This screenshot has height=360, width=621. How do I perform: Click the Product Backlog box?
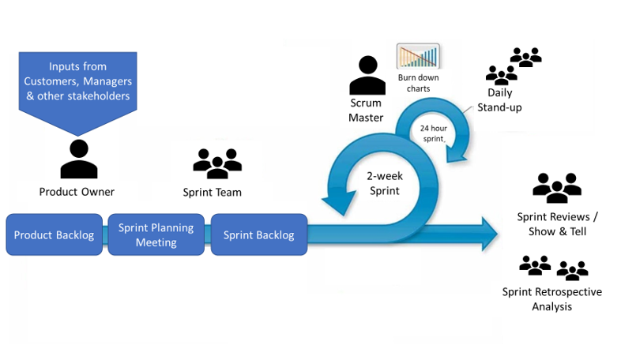[54, 234]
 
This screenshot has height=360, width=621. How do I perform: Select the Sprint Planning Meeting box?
[156, 234]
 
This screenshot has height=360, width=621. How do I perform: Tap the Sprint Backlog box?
[258, 234]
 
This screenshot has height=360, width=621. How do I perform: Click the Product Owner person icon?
[79, 159]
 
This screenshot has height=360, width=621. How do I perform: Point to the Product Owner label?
[77, 192]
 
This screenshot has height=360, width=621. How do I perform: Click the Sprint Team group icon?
[217, 163]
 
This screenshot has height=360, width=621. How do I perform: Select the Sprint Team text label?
[213, 192]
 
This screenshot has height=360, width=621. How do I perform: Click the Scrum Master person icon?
[367, 76]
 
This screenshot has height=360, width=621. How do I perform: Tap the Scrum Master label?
[366, 111]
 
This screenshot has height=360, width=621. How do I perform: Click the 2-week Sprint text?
[386, 184]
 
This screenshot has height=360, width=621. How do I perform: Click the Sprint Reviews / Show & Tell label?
[557, 223]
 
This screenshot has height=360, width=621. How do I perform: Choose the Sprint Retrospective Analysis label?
[551, 298]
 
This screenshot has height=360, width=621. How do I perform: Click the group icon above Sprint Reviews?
[557, 188]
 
